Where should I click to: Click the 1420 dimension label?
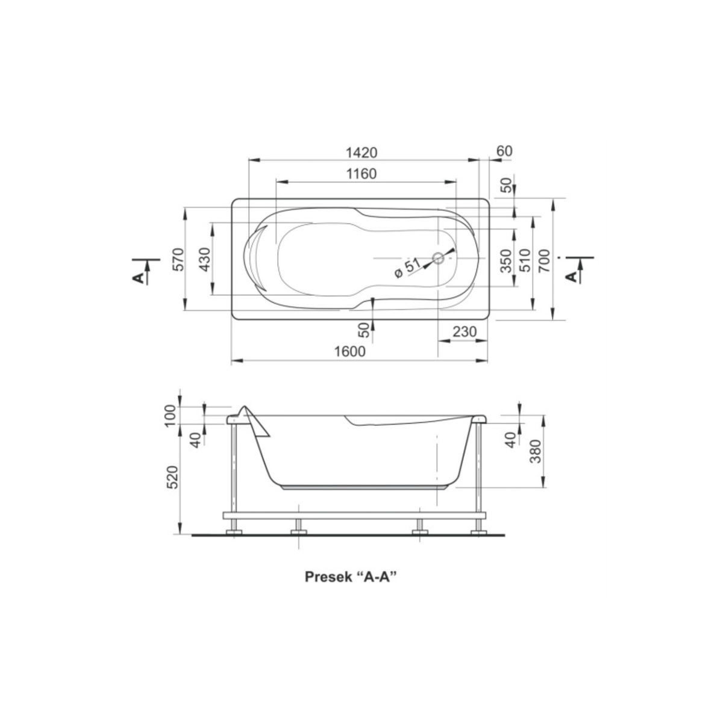click(x=361, y=152)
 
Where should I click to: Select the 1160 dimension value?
click(x=361, y=174)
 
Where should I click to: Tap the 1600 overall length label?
click(x=349, y=351)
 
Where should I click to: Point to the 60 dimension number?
click(x=504, y=151)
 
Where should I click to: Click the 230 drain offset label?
click(x=464, y=331)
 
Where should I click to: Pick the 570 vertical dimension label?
click(x=178, y=259)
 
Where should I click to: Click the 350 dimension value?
click(x=505, y=261)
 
